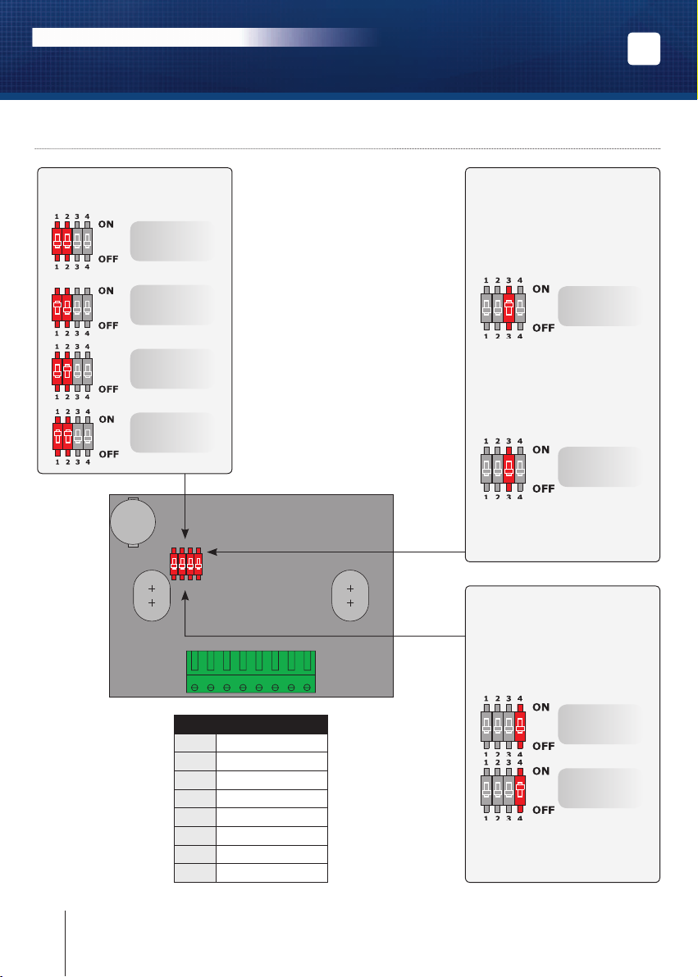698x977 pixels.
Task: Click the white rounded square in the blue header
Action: [644, 48]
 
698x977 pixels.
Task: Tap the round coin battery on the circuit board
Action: [133, 521]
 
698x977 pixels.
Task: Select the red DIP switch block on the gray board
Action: [186, 565]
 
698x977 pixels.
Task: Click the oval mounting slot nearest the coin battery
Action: [152, 596]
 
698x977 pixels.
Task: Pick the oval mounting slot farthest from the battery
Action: [350, 596]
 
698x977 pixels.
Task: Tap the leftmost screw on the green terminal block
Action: [194, 688]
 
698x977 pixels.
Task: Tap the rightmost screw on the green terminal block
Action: [307, 688]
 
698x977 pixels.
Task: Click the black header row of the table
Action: [251, 725]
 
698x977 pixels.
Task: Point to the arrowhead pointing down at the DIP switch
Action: [185, 534]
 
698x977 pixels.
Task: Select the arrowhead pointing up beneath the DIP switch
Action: [185, 597]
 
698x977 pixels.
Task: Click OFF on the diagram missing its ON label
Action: [108, 389]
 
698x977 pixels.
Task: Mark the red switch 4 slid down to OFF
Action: [519, 790]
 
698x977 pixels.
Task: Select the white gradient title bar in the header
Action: [206, 38]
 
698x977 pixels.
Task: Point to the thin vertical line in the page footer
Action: [65, 943]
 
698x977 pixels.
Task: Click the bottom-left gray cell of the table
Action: [195, 873]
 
